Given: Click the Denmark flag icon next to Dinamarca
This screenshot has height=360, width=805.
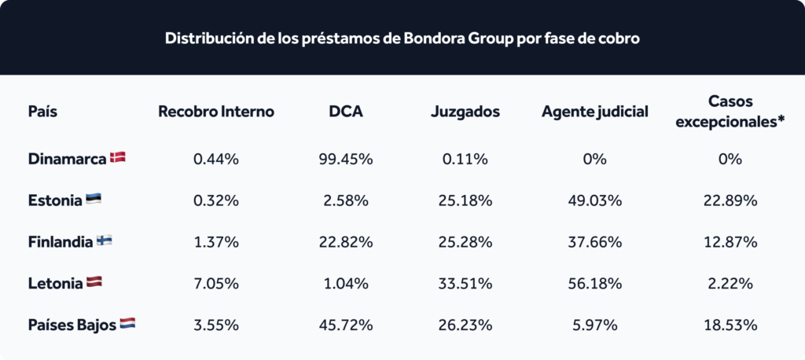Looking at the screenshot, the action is tap(118, 158).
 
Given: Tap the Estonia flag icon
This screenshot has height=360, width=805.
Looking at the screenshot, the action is tap(93, 200).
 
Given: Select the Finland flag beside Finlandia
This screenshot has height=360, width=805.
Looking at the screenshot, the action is tap(105, 241).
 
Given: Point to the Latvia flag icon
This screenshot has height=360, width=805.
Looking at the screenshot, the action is tap(94, 282).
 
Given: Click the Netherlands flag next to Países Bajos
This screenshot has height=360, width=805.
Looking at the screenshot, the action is tap(127, 324).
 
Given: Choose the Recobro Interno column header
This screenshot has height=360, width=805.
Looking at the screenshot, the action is tap(216, 112).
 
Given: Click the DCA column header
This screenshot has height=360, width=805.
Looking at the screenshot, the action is tap(346, 112).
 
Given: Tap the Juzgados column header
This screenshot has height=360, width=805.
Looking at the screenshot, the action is tap(465, 112).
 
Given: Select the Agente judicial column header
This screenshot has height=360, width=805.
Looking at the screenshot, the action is tap(594, 112).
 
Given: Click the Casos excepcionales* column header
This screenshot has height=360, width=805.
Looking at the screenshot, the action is tap(730, 112).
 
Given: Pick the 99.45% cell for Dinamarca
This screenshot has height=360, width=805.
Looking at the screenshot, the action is tap(346, 160).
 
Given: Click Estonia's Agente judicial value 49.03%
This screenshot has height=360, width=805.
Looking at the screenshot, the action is tap(594, 200).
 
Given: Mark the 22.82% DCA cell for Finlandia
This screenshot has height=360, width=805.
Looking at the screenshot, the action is tap(346, 242).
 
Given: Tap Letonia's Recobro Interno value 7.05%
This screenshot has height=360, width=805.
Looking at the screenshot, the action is tap(216, 284).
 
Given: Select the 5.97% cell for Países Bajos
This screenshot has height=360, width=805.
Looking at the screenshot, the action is tap(594, 325).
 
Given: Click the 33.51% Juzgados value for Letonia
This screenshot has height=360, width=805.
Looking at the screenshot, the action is tap(465, 284).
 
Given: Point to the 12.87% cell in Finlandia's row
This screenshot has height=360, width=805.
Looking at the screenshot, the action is tap(730, 242).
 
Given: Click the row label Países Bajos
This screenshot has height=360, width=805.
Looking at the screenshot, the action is tap(72, 325).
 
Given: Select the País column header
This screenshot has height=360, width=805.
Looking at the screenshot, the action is tap(42, 112).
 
